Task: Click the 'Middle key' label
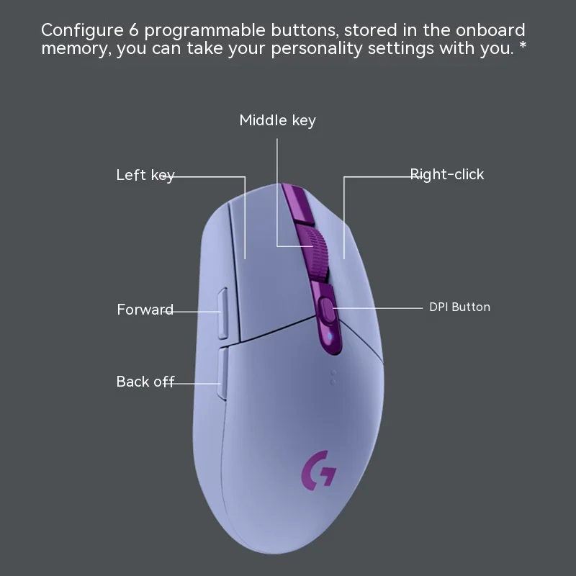(x=277, y=120)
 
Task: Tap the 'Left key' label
(x=145, y=175)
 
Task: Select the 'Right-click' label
(x=447, y=174)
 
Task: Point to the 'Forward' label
(x=145, y=310)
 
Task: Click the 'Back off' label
(x=145, y=382)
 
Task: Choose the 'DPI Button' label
(x=459, y=307)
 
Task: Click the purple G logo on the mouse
(x=318, y=469)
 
